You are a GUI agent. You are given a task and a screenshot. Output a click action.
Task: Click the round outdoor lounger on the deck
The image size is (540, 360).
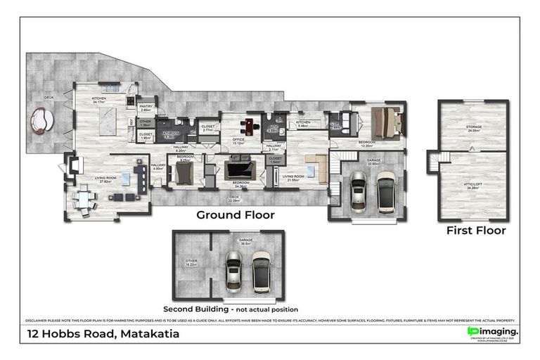[41, 120]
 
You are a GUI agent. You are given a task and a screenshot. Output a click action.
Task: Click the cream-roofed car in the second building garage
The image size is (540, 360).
[261, 272]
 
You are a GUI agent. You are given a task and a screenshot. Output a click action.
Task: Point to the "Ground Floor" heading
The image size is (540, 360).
[235, 215]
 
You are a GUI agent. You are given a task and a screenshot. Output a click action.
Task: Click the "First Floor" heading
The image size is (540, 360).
[476, 230]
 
